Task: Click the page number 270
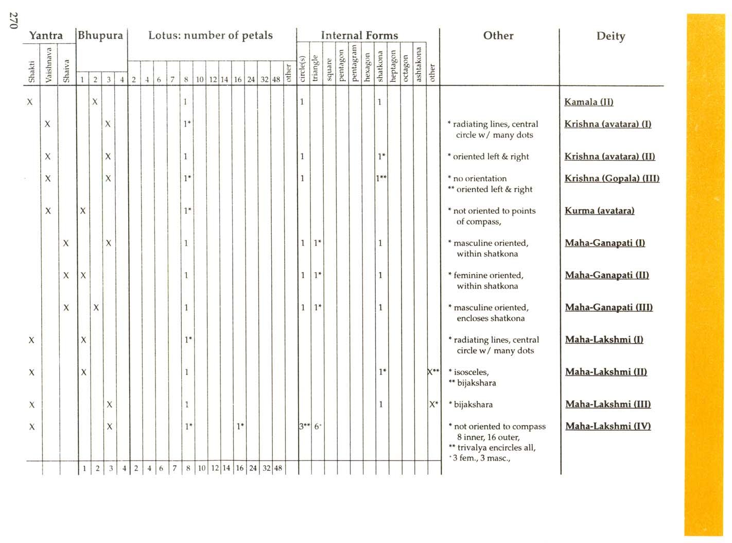click(14, 21)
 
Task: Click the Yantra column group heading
click(46, 36)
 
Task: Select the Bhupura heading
click(101, 36)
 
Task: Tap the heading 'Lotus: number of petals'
click(211, 36)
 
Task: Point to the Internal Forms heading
click(359, 36)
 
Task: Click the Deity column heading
click(611, 36)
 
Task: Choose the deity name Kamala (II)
click(588, 102)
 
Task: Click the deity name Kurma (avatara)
click(599, 211)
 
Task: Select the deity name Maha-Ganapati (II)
click(606, 275)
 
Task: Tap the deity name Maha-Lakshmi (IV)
click(608, 426)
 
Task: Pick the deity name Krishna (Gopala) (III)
click(612, 178)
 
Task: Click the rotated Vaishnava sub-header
click(49, 64)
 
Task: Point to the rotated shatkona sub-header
click(380, 66)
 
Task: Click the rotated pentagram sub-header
click(354, 63)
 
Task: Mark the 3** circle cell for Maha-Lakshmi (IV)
click(304, 427)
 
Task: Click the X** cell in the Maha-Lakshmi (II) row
click(433, 372)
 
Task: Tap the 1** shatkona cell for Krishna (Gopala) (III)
click(381, 178)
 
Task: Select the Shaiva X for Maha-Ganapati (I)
click(66, 243)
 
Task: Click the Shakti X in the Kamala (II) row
click(30, 102)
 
